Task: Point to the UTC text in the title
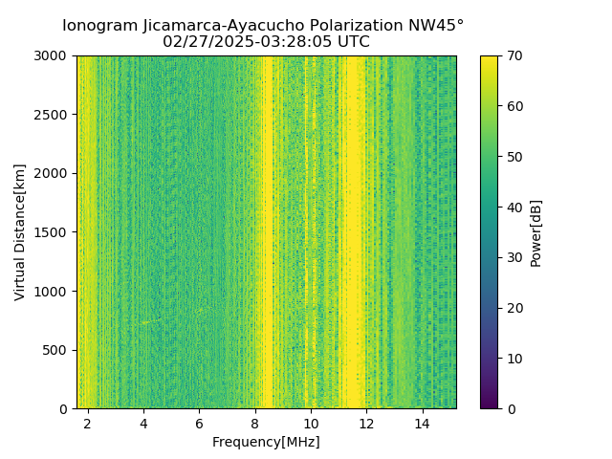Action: [351, 42]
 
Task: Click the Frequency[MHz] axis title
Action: [266, 442]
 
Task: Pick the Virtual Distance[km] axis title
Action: [20, 231]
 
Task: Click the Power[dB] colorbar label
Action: [536, 232]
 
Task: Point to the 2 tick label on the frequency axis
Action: [88, 423]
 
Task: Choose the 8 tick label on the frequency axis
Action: [255, 423]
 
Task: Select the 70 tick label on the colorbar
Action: [514, 55]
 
